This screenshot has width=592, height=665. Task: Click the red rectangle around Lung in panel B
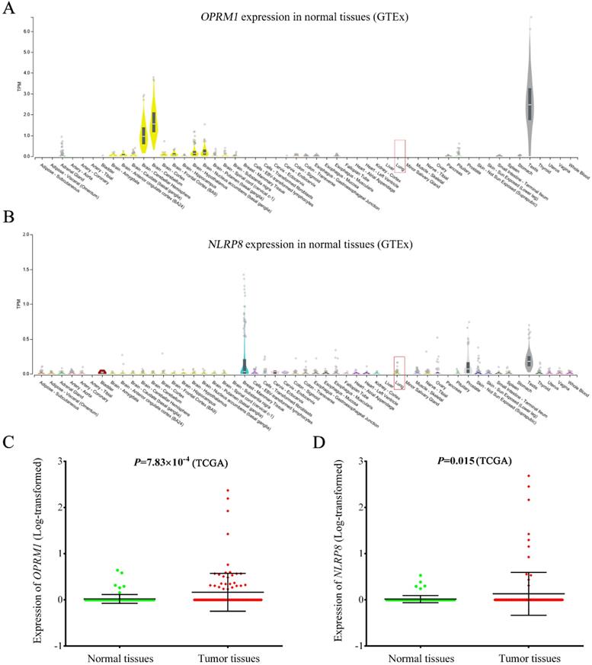(399, 367)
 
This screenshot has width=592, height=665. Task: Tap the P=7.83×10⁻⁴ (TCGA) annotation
(181, 460)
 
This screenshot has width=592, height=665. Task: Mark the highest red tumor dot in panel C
(226, 491)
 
